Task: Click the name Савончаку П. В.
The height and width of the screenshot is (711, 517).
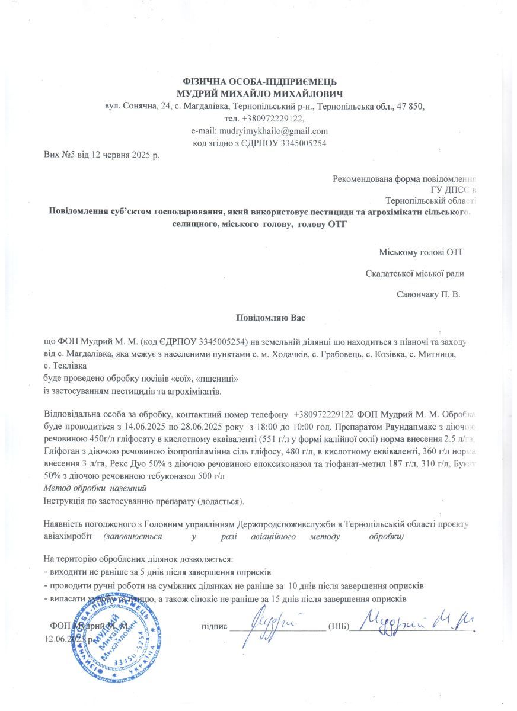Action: [x=427, y=293]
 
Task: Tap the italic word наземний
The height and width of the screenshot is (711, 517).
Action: [x=126, y=488]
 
